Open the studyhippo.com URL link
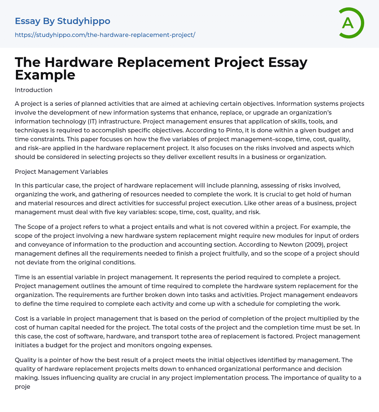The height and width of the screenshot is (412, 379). [x=105, y=35]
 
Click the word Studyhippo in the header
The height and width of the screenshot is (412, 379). [x=84, y=21]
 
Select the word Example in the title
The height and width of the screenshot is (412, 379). [x=45, y=75]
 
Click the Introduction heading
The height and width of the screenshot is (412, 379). [x=34, y=90]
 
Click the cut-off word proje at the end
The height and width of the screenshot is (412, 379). [x=22, y=386]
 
